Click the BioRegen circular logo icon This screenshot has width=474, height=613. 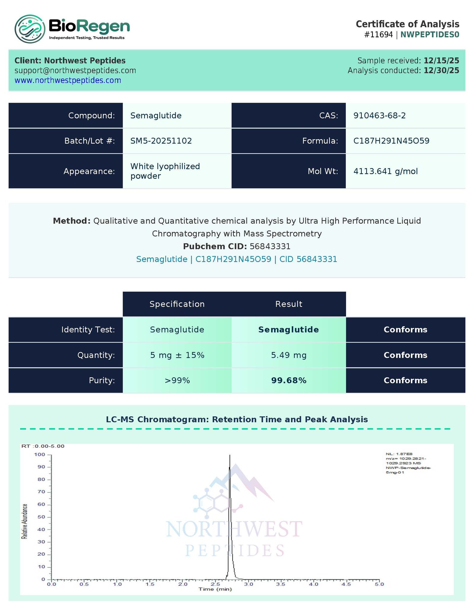point(30,29)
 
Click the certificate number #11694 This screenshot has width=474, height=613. point(378,35)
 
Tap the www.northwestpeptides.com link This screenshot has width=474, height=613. point(68,80)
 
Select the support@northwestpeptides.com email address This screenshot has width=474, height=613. point(75,70)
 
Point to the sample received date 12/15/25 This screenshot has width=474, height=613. point(441,61)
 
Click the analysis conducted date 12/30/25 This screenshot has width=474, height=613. point(441,70)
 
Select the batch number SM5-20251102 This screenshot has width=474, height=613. point(161,141)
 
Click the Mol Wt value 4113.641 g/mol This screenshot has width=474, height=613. point(385,171)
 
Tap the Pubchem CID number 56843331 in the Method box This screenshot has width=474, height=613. point(270,246)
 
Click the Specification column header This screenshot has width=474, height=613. point(177,304)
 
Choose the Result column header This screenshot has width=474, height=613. point(289,304)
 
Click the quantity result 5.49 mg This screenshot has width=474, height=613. point(289,355)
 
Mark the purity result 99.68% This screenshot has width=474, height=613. point(289,381)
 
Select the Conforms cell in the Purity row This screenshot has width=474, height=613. point(405,381)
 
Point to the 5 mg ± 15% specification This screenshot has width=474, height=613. point(177,355)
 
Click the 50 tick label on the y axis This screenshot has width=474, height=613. point(41,517)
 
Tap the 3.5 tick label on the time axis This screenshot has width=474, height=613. point(281,584)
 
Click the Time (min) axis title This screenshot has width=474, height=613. point(215,589)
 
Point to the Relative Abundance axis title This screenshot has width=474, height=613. point(25,521)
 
